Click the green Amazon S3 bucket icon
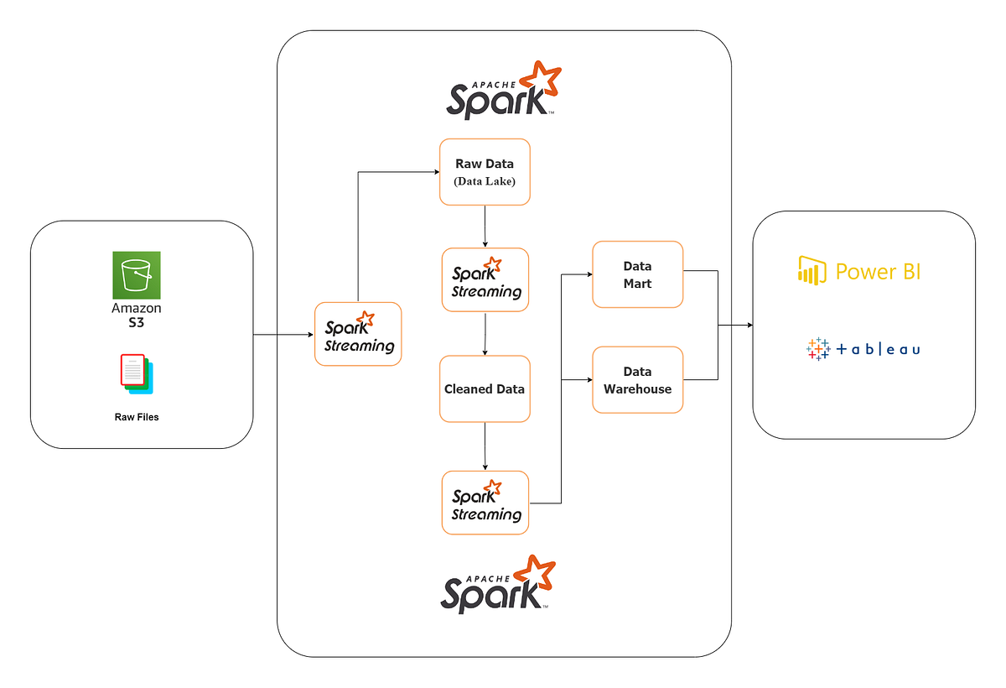[137, 275]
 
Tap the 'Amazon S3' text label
[137, 315]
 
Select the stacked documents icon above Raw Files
[137, 373]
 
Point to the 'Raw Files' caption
[137, 416]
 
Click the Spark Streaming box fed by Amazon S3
[358, 334]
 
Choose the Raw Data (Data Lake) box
[485, 172]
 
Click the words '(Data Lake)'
[485, 181]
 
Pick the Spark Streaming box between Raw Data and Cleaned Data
[485, 280]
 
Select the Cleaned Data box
[485, 389]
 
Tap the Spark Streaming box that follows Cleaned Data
[485, 503]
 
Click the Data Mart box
[637, 274]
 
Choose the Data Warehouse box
[637, 380]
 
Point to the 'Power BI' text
[878, 271]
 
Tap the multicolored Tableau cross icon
[817, 348]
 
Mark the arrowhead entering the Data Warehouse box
[589, 380]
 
